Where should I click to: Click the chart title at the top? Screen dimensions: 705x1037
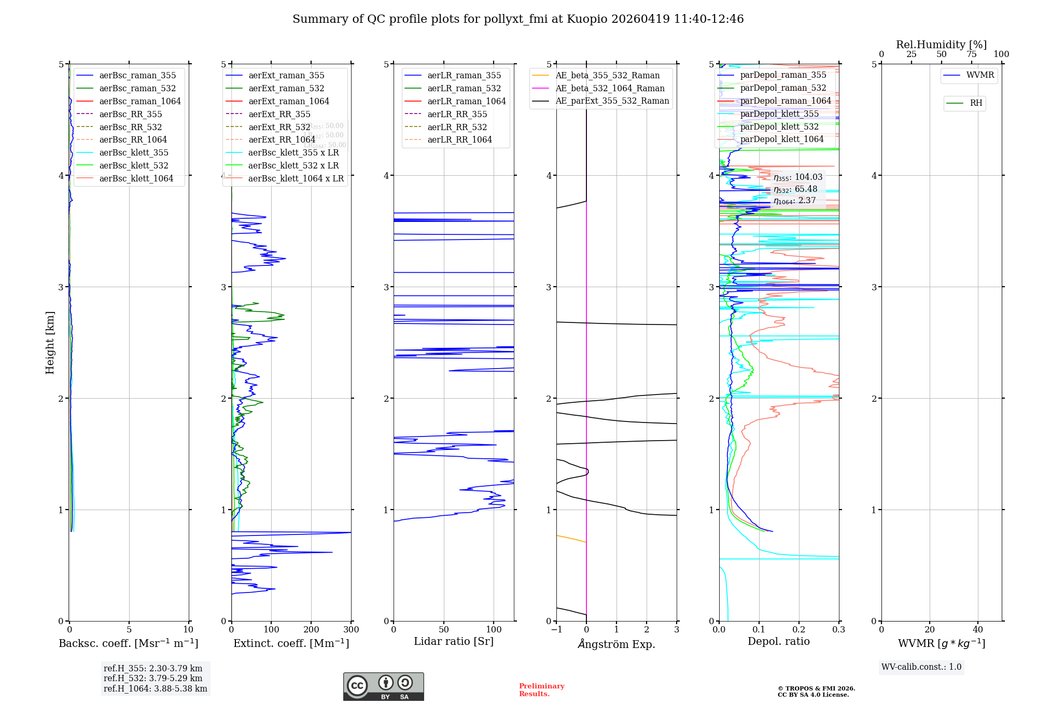point(518,19)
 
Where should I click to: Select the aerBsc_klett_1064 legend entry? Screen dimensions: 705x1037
point(136,178)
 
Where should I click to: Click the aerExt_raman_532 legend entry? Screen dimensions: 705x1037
point(286,88)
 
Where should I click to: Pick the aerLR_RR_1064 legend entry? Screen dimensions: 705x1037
point(459,139)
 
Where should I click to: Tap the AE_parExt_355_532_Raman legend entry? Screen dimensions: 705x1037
point(612,101)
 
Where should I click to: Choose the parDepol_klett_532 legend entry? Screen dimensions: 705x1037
point(779,126)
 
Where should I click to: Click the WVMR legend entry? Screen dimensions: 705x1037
point(980,75)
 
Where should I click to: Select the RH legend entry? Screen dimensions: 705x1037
point(976,103)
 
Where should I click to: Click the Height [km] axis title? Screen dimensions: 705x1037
point(50,342)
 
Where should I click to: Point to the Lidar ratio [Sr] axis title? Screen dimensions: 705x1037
point(454,641)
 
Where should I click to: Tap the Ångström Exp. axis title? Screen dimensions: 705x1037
point(616,644)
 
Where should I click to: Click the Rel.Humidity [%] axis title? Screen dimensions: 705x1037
point(941,45)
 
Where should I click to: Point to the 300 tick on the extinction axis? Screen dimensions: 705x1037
point(351,629)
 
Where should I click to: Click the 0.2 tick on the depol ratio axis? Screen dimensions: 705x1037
point(799,629)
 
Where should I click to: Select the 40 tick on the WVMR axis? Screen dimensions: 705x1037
point(978,629)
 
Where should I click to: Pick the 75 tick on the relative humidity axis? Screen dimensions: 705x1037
point(971,54)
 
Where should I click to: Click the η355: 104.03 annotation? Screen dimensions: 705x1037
point(797,177)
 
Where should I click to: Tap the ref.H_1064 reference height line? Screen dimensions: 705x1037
point(155,688)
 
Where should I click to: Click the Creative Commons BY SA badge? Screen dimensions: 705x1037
point(383,686)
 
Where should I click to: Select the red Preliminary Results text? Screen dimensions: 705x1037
point(541,689)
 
